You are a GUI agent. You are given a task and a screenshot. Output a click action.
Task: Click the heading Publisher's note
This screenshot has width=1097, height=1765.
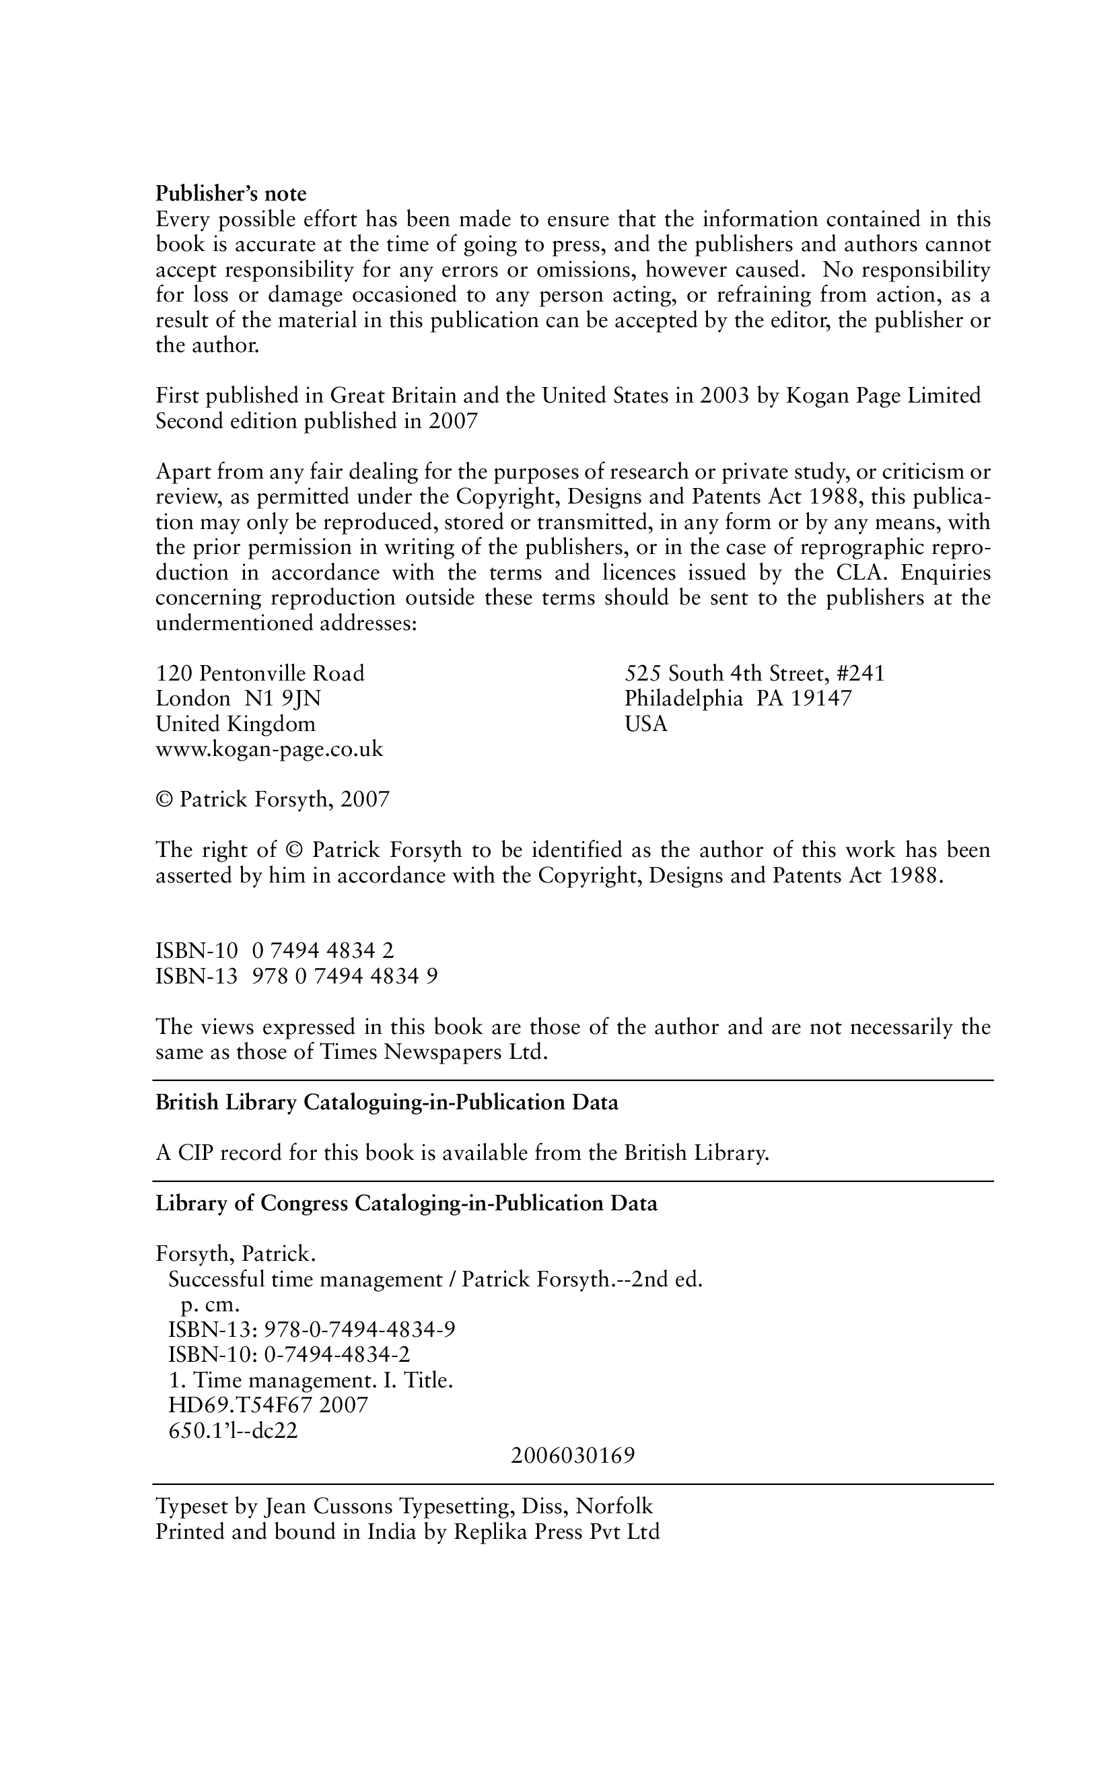(231, 194)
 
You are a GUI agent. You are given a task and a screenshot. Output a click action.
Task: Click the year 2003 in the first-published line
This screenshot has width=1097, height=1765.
(724, 396)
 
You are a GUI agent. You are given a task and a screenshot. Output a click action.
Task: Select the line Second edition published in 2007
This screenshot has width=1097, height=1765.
(317, 421)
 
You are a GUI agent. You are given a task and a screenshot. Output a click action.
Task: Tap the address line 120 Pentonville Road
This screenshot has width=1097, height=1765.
(260, 673)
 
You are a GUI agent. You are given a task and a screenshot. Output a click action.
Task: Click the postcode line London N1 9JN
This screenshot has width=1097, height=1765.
(238, 699)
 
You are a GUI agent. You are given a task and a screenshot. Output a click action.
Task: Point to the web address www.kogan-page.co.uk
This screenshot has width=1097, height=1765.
(269, 749)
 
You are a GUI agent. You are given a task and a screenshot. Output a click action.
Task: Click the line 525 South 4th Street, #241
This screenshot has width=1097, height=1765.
(754, 673)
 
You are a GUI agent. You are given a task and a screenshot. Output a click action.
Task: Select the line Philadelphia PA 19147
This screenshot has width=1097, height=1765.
(738, 699)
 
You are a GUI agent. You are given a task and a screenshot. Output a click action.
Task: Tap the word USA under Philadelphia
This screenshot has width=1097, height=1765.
(645, 724)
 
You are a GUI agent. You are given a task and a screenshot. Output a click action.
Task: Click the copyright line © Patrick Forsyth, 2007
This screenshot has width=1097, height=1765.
(273, 800)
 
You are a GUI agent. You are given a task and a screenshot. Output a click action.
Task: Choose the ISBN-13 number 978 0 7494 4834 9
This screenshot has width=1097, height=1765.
(345, 976)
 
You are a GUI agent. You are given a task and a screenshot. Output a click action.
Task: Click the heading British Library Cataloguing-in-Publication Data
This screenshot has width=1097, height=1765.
(387, 1103)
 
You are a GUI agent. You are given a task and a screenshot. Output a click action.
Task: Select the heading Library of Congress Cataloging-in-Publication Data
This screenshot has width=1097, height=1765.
(406, 1204)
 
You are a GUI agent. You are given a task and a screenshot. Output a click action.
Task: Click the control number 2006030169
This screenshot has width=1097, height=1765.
(573, 1456)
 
